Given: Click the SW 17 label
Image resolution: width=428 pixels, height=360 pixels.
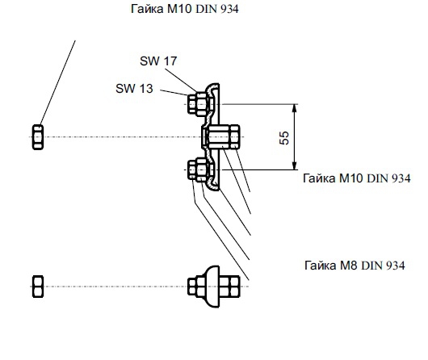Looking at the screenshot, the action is coord(158,61).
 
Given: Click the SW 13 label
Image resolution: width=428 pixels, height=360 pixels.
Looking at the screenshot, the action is coord(134,89).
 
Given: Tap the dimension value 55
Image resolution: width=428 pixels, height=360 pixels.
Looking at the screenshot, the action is coord(284,138).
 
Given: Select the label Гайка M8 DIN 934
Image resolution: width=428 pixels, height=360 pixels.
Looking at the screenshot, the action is coord(355,266).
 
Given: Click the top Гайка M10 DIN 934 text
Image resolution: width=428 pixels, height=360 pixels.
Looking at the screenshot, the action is coord(184,9).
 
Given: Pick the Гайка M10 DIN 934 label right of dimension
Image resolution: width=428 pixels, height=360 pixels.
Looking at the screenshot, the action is coord(357,178).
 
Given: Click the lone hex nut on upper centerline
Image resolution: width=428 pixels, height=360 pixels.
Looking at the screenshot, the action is coord(38,137).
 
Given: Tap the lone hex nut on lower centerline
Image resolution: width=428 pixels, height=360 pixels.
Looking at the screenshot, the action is coord(38,287).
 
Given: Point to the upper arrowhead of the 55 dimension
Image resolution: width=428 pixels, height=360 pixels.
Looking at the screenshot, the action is coord(294,108).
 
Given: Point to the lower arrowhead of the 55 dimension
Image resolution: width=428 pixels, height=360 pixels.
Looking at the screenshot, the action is coord(294,165).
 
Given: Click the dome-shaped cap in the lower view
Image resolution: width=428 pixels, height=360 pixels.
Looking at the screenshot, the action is coord(212,287).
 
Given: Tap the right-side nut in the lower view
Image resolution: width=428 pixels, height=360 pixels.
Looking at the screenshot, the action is coord(229,287).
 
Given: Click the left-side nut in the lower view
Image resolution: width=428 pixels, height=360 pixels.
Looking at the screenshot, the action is coord(196,287).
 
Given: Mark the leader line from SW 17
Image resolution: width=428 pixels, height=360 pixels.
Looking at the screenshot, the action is coord(181,81).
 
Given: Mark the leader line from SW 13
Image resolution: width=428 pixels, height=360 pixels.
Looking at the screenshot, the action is coord(174,93).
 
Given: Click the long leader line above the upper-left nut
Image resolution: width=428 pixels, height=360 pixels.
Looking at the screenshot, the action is coord(57,82).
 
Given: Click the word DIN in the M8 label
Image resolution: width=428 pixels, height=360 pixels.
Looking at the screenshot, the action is coord(372,266).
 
